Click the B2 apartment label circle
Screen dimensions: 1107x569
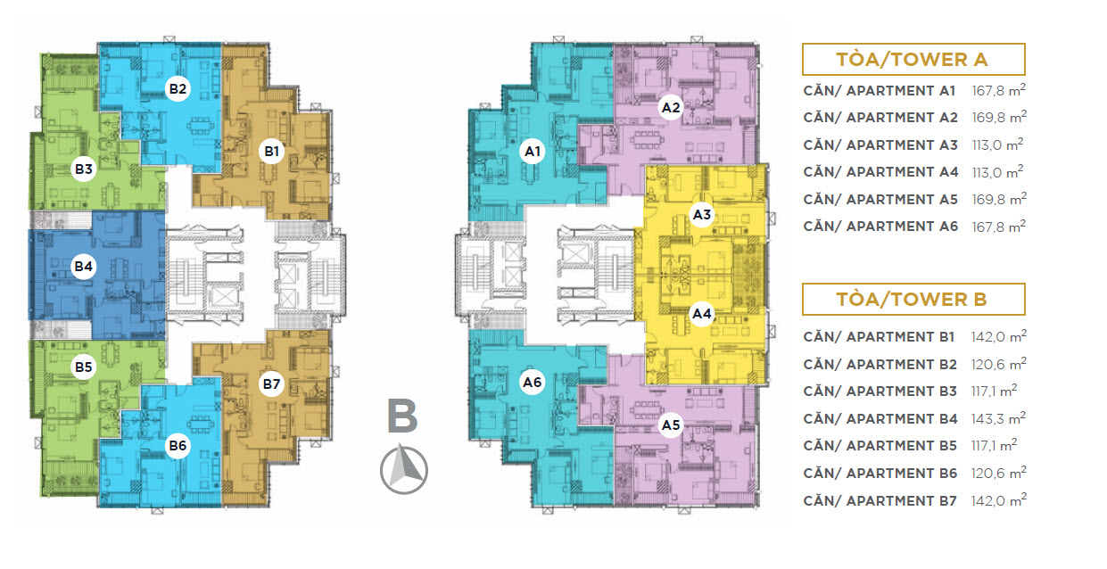178,88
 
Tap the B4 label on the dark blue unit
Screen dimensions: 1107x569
84,267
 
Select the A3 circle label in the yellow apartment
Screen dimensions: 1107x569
702,214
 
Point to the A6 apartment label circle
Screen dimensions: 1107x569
533,383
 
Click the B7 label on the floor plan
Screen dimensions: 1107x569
271,383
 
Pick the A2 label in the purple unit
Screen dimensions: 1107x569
671,108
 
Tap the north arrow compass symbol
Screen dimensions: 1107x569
404,470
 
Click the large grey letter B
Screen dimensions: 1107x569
402,416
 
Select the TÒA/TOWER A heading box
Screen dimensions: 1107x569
913,59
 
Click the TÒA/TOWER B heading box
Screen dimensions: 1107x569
913,300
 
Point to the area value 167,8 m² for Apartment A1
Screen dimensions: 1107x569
998,90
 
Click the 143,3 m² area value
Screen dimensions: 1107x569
998,418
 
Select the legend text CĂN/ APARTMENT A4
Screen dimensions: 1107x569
880,172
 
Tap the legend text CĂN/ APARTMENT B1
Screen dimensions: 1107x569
879,337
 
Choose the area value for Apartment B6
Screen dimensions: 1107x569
998,473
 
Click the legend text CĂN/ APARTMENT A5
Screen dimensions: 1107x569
880,200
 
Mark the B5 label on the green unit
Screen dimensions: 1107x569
84,367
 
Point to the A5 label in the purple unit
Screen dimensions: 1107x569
671,425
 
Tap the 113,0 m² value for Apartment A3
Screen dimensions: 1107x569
997,144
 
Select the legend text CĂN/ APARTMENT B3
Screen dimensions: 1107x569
880,392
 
